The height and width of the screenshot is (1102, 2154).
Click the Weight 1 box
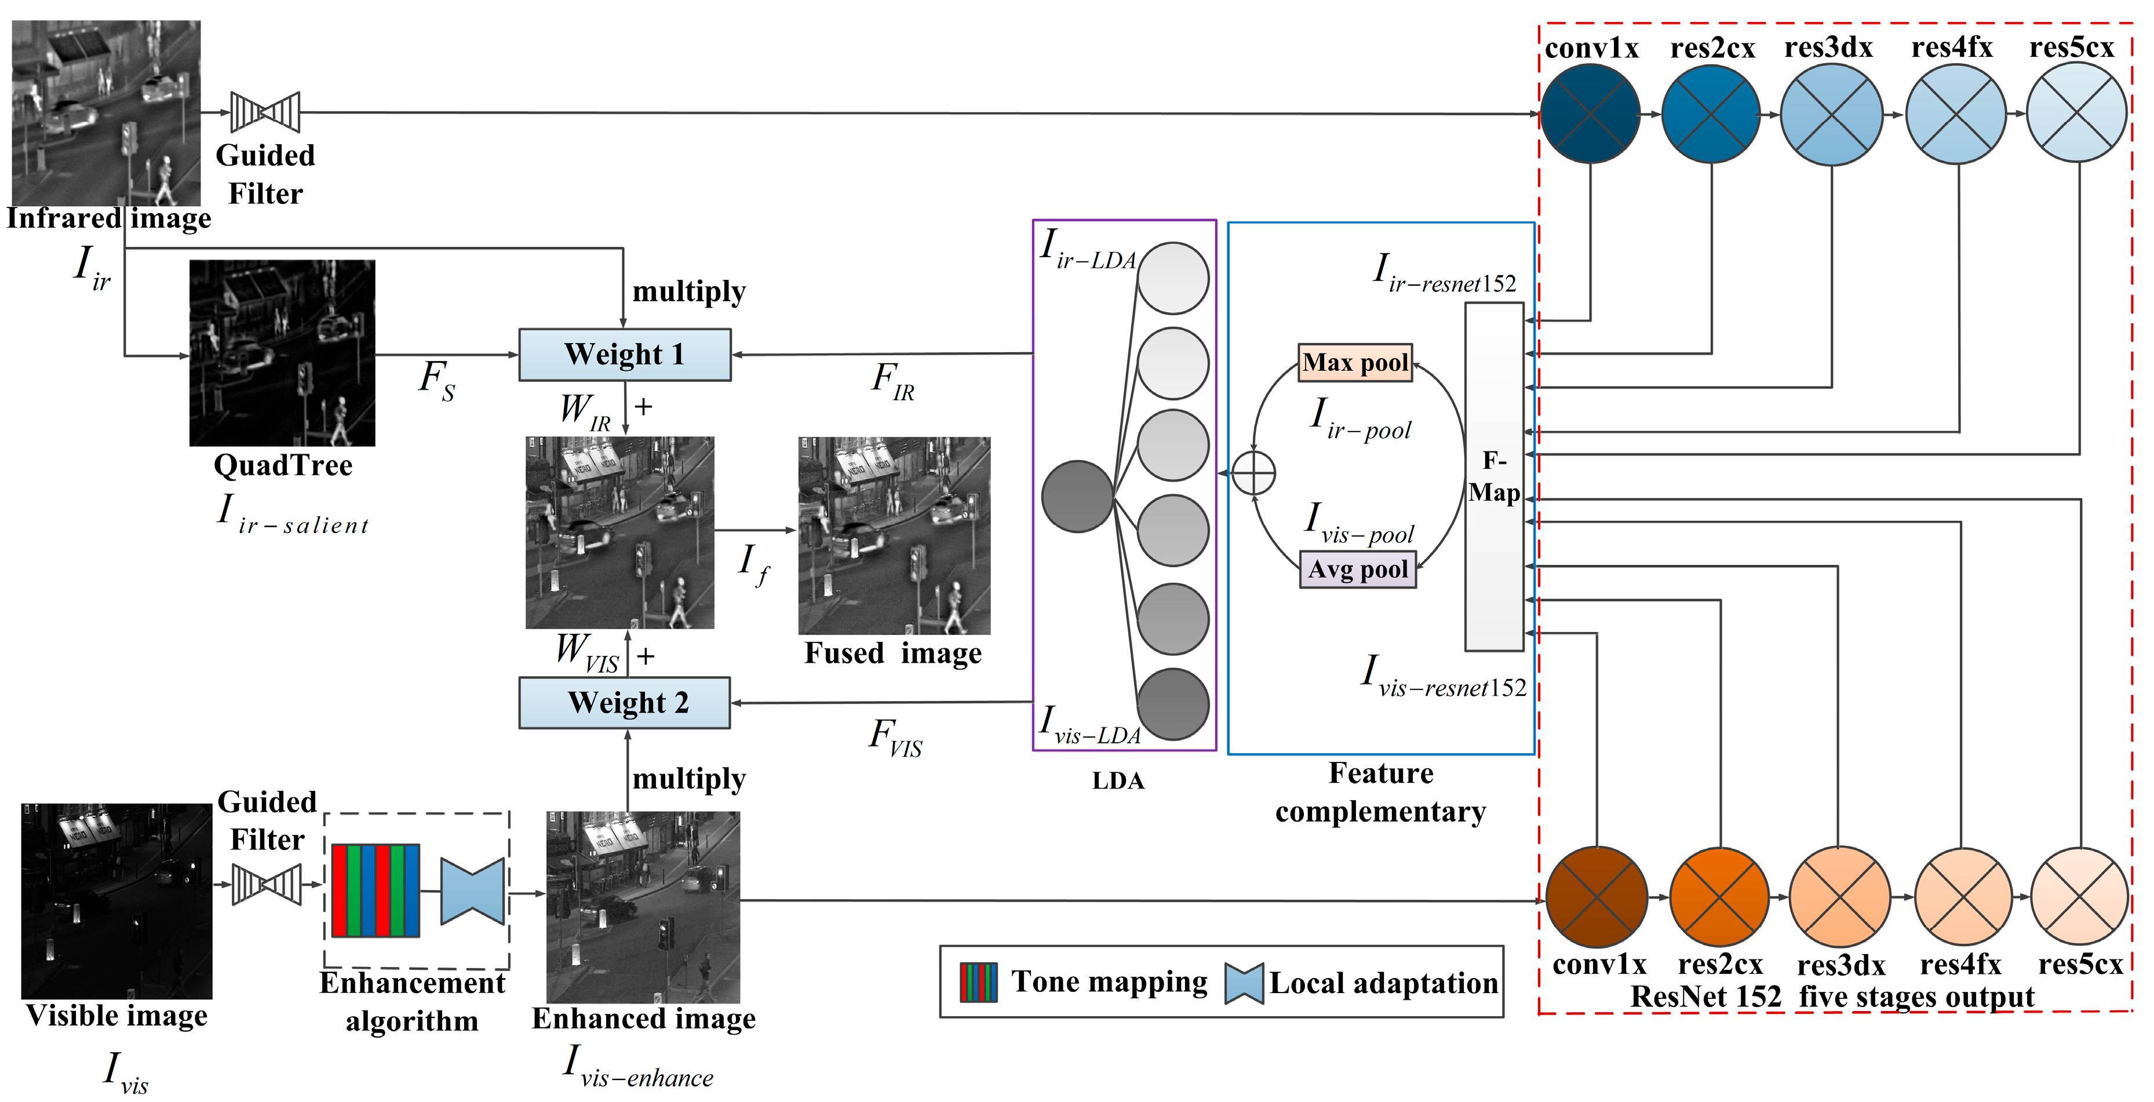(x=625, y=355)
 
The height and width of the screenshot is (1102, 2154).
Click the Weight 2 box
(x=625, y=702)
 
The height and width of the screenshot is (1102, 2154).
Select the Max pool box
(x=1355, y=363)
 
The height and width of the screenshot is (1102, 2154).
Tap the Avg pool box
(x=1357, y=570)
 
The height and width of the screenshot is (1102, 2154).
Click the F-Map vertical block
(x=1493, y=477)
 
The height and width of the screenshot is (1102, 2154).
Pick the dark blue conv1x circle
(x=1590, y=114)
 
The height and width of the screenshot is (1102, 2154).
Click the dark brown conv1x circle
(x=1597, y=897)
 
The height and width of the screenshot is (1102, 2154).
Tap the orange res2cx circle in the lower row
(x=1719, y=897)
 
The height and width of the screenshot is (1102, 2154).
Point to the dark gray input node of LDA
(x=1077, y=497)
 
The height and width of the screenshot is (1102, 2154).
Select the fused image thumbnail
(x=894, y=535)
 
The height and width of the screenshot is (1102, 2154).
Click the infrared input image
(x=106, y=113)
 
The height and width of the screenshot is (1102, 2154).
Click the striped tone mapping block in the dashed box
(x=376, y=891)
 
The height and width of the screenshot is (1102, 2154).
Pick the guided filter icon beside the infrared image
(x=265, y=112)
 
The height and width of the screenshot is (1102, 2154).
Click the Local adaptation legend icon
(x=1244, y=983)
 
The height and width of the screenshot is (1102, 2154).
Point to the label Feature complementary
(x=1380, y=792)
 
